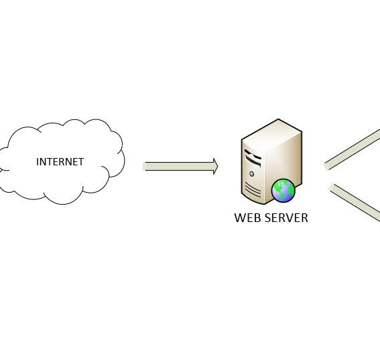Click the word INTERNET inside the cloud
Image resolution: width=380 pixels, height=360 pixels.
pyautogui.click(x=60, y=162)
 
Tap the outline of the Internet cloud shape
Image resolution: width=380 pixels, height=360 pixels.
pyautogui.click(x=63, y=204)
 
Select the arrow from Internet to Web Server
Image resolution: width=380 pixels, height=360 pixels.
pyautogui.click(x=181, y=166)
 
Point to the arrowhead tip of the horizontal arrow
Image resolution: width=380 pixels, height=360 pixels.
pyautogui.click(x=218, y=166)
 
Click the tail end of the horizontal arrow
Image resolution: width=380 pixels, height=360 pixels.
pyautogui.click(x=145, y=166)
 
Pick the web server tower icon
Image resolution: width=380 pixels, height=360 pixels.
pyautogui.click(x=271, y=161)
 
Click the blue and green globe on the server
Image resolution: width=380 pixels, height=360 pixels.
pyautogui.click(x=283, y=191)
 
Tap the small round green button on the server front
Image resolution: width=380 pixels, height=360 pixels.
pyautogui.click(x=251, y=174)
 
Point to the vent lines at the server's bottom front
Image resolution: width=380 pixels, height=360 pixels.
pyautogui.click(x=253, y=189)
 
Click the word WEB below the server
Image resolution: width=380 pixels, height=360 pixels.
pyautogui.click(x=247, y=218)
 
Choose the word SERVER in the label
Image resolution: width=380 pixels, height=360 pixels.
pyautogui.click(x=286, y=218)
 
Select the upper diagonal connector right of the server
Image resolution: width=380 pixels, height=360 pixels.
pyautogui.click(x=352, y=149)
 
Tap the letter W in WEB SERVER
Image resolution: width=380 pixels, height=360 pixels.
pyautogui.click(x=239, y=218)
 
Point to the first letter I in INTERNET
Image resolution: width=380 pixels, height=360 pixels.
pyautogui.click(x=37, y=162)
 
